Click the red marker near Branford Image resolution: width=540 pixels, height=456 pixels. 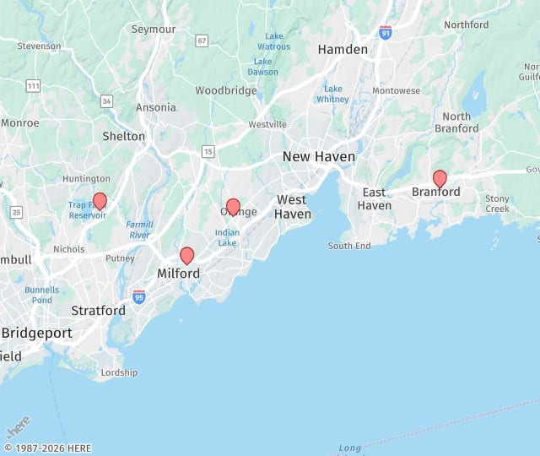click(x=440, y=178)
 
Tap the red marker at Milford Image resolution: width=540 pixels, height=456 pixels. click(x=187, y=255)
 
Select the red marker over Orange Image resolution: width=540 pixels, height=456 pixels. click(x=233, y=207)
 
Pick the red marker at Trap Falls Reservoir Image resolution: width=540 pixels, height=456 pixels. click(x=100, y=200)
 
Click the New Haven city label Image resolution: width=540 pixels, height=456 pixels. click(x=319, y=156)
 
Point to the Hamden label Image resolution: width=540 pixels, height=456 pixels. click(x=343, y=50)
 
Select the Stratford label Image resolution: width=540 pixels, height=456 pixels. click(x=98, y=311)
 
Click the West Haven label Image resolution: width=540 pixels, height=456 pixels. click(x=293, y=207)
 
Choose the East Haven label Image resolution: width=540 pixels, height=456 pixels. click(x=374, y=199)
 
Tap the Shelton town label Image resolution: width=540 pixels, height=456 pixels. click(x=123, y=136)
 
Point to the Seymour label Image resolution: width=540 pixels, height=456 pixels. click(x=153, y=29)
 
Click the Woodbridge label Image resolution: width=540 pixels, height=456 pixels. click(x=226, y=90)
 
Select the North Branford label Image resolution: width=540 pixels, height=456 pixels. click(x=456, y=122)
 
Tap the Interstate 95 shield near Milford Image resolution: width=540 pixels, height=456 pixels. click(x=139, y=296)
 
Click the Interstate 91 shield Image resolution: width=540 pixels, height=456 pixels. click(x=386, y=33)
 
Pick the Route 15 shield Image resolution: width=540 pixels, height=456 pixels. click(x=208, y=151)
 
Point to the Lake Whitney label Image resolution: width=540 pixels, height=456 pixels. click(x=333, y=94)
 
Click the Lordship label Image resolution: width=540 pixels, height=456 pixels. click(x=119, y=372)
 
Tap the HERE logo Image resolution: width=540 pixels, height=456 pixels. click(x=18, y=425)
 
